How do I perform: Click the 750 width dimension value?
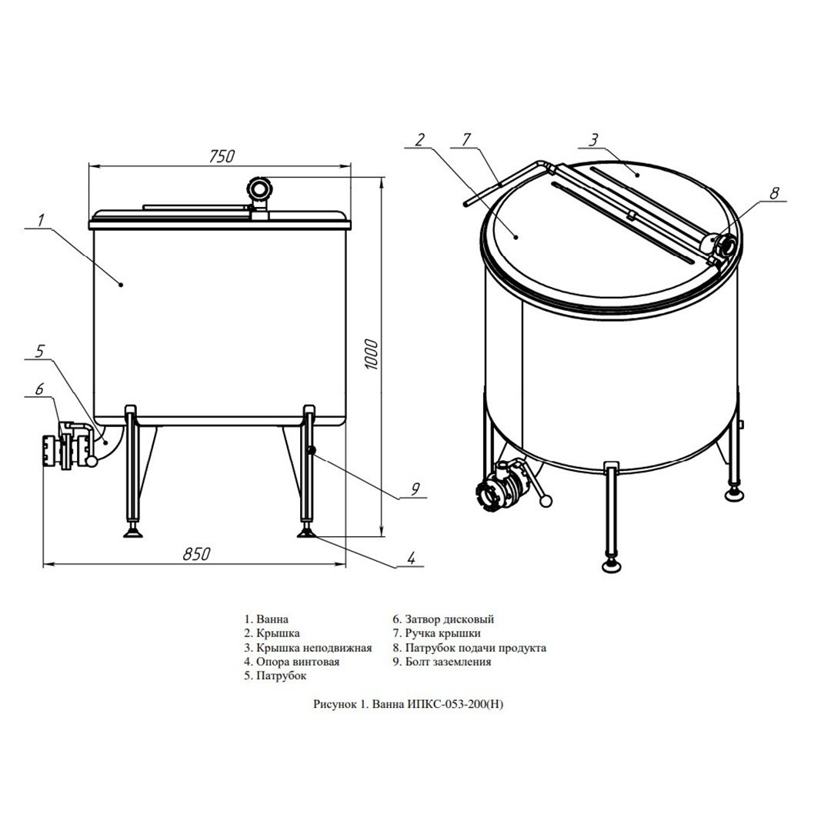222,156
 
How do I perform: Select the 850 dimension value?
196,554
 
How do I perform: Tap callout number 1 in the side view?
40,220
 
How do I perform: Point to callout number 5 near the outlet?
40,352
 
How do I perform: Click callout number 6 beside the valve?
40,389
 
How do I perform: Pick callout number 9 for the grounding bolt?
415,489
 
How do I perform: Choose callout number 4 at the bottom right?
412,558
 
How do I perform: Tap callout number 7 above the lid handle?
466,140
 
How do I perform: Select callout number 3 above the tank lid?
592,140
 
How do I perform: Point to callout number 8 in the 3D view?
774,192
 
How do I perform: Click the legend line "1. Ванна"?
266,619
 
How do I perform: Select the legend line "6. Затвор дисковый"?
443,619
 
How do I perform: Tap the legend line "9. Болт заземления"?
442,661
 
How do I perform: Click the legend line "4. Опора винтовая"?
292,661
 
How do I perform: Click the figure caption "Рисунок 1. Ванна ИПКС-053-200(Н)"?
409,704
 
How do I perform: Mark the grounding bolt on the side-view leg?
312,450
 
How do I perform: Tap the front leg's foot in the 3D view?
611,565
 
